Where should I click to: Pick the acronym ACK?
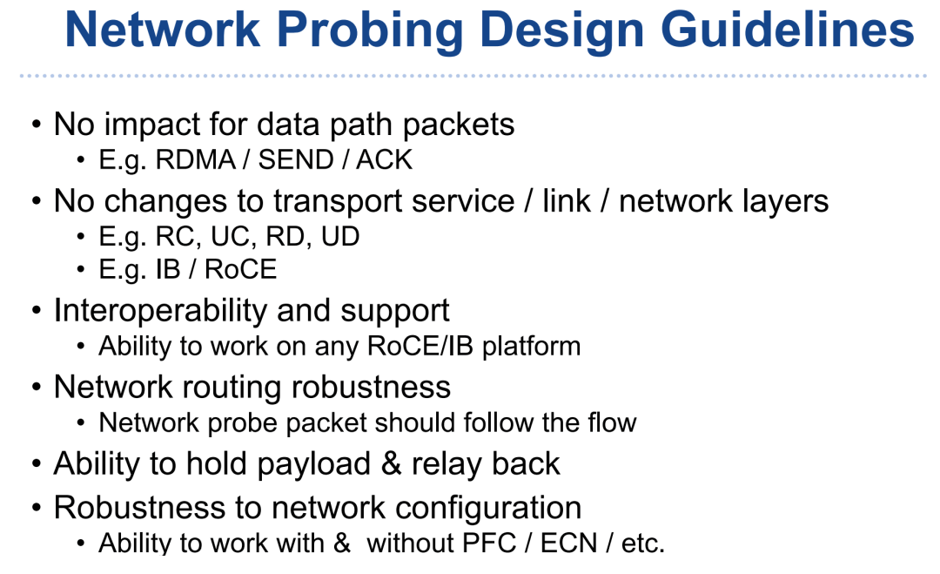(x=384, y=160)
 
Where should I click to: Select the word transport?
(x=335, y=201)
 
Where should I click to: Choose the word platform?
(x=531, y=347)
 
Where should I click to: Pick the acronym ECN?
(x=568, y=544)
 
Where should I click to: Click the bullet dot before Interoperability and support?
(x=37, y=312)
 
